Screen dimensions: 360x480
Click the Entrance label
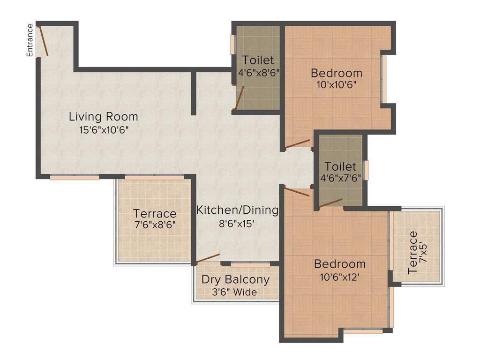pyautogui.click(x=30, y=40)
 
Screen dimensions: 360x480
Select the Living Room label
pyautogui.click(x=104, y=116)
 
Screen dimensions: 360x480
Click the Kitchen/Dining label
pyautogui.click(x=237, y=210)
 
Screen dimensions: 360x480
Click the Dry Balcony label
pyautogui.click(x=235, y=280)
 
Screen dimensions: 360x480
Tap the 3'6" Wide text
pyautogui.click(x=234, y=292)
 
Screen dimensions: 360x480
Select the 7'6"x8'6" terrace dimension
pyautogui.click(x=155, y=225)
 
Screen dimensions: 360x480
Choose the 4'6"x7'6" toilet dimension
pyautogui.click(x=341, y=179)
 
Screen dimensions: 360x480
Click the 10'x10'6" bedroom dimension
pyautogui.click(x=337, y=85)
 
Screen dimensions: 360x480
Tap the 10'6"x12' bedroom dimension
pyautogui.click(x=339, y=277)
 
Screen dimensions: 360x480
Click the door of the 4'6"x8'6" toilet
pyautogui.click(x=239, y=97)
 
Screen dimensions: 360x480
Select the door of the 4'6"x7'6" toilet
pyautogui.click(x=330, y=202)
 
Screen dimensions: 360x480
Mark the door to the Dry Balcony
pyautogui.click(x=208, y=258)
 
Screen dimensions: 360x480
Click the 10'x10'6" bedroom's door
pyautogui.click(x=298, y=143)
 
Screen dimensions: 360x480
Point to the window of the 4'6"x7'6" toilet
pyautogui.click(x=367, y=170)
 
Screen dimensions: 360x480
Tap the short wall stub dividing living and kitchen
pyautogui.click(x=193, y=93)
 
